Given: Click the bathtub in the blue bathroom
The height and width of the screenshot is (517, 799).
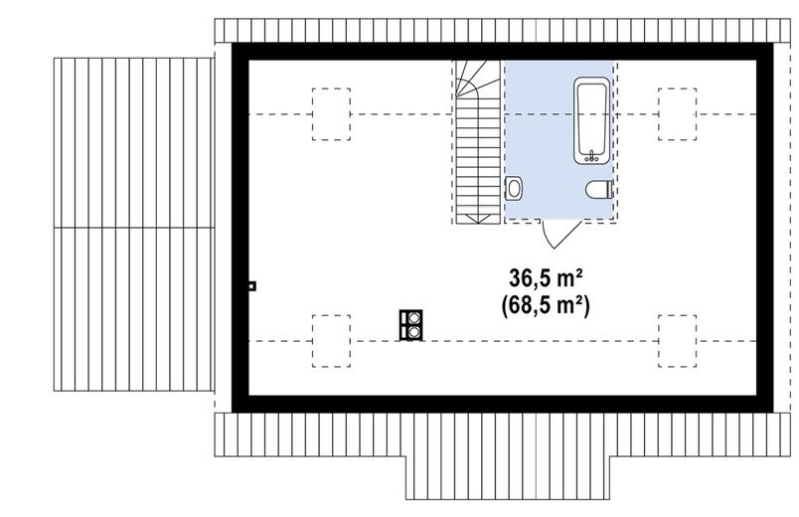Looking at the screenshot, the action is pyautogui.click(x=591, y=120).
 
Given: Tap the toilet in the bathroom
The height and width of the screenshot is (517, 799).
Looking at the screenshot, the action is pyautogui.click(x=598, y=190).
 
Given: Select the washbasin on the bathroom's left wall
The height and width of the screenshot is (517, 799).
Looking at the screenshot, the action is pyautogui.click(x=513, y=188).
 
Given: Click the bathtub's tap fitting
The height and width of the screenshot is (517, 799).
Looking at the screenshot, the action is pyautogui.click(x=591, y=157).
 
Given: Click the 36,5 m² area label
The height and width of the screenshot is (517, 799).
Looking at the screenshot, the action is pyautogui.click(x=546, y=279).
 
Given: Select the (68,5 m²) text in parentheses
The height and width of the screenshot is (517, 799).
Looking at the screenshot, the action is pyautogui.click(x=546, y=306).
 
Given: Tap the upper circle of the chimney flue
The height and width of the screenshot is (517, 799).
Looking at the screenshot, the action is pyautogui.click(x=414, y=318).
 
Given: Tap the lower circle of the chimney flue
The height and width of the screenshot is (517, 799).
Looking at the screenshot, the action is pyautogui.click(x=414, y=332).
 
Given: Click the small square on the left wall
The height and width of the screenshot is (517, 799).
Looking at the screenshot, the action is pyautogui.click(x=251, y=286).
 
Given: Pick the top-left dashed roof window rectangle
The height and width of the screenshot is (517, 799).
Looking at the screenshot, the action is pyautogui.click(x=331, y=114).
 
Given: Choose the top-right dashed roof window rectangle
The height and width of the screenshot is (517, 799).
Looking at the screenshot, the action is pyautogui.click(x=677, y=114).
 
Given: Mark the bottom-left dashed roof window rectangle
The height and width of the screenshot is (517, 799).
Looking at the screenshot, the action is pyautogui.click(x=331, y=341).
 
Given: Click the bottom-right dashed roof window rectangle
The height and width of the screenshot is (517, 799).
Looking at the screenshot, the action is pyautogui.click(x=677, y=341).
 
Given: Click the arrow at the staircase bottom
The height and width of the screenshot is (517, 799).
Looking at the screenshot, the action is pyautogui.click(x=477, y=219).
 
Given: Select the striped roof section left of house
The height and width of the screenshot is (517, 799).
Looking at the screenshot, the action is pyautogui.click(x=134, y=225).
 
